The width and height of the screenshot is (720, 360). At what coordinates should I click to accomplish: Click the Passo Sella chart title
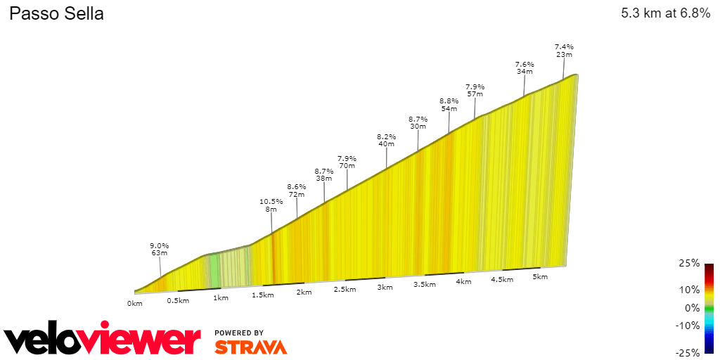[56, 14]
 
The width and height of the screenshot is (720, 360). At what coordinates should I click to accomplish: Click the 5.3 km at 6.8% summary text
[665, 14]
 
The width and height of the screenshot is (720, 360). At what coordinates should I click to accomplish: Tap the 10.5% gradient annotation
[271, 205]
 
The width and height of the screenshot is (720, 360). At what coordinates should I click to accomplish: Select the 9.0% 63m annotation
[159, 249]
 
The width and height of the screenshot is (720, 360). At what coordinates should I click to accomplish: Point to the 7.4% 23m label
[564, 50]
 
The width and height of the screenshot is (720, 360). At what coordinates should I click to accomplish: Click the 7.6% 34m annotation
[525, 67]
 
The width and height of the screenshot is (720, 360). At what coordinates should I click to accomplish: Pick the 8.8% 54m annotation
[449, 105]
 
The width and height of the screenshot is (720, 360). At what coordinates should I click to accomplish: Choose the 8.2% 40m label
[387, 140]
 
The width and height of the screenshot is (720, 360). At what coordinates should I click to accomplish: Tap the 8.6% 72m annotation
[297, 190]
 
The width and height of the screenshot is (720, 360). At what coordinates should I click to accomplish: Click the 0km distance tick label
[135, 303]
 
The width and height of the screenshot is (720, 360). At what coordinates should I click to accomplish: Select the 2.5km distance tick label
[345, 290]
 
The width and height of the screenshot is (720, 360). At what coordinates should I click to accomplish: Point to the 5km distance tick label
[540, 277]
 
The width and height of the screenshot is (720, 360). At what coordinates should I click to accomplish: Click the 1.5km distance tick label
[262, 295]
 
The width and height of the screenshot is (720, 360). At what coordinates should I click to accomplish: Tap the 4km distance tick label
[463, 282]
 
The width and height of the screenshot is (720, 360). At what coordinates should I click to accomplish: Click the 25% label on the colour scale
[690, 264]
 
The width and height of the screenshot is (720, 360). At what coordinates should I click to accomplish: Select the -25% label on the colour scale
[688, 352]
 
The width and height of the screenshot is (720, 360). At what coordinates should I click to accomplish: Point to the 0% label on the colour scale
[692, 308]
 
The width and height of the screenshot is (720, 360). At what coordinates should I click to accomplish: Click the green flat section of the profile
[214, 270]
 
